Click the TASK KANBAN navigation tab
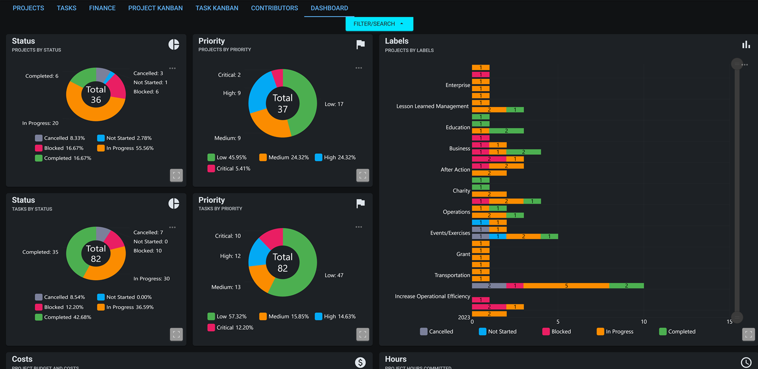(x=217, y=8)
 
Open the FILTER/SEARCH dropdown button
(x=379, y=24)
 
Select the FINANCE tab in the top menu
(x=102, y=8)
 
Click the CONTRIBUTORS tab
(x=274, y=8)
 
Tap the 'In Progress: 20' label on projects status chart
(x=40, y=123)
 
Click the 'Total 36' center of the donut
(x=96, y=94)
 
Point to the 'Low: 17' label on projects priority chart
(x=334, y=104)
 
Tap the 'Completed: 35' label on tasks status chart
(x=40, y=252)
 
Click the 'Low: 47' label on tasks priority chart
(x=334, y=275)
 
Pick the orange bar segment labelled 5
(x=566, y=286)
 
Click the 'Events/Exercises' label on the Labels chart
(x=450, y=233)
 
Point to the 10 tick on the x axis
(x=643, y=322)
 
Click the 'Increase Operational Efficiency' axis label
(x=432, y=297)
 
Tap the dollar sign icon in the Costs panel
(x=360, y=362)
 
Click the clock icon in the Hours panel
(x=746, y=362)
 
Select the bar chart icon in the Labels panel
(x=746, y=45)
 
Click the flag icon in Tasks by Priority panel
(x=361, y=204)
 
